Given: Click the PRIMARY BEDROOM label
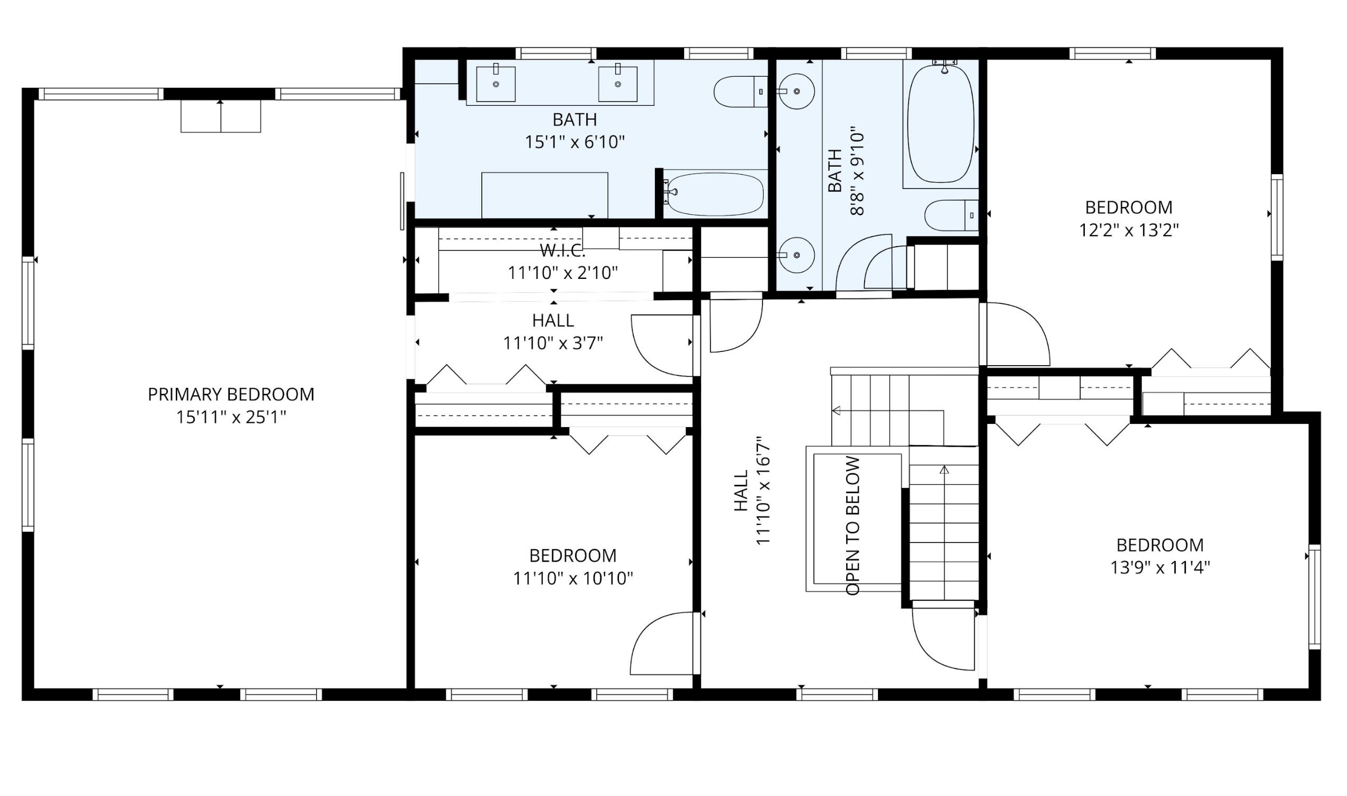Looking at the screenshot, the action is click(x=231, y=394).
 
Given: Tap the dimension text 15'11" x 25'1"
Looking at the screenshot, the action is click(x=231, y=417).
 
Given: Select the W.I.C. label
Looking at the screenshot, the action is click(x=563, y=250).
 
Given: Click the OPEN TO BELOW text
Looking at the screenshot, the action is click(x=852, y=526).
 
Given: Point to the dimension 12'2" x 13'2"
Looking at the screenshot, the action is click(x=1129, y=230).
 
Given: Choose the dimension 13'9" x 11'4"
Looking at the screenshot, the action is click(x=1160, y=567).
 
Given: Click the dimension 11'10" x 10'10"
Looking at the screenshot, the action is click(x=573, y=578).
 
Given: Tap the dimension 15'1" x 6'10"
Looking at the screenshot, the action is click(x=574, y=142).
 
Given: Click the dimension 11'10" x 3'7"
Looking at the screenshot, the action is click(x=553, y=343).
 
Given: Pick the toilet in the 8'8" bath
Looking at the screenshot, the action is click(x=951, y=215).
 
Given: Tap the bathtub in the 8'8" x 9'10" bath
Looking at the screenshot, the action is click(x=940, y=124).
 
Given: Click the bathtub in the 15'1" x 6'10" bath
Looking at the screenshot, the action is click(x=714, y=194).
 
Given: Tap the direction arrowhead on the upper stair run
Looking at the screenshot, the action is click(x=836, y=411).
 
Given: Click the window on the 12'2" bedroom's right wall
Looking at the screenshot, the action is click(x=1277, y=217).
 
